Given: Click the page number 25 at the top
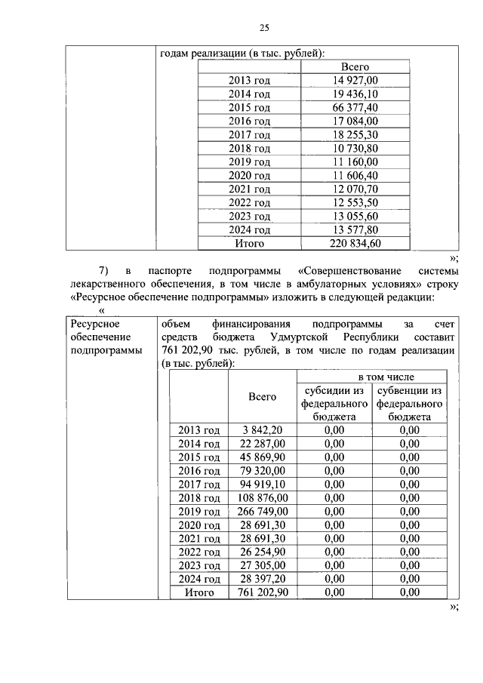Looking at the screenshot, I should tap(264, 28).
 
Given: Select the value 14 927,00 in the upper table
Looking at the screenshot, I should tap(355, 80).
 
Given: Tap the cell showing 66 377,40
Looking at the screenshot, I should tap(355, 107).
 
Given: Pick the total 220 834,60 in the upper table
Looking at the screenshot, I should tap(355, 243).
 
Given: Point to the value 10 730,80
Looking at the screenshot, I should tap(355, 148).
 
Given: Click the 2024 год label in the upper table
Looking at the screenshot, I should tap(249, 229).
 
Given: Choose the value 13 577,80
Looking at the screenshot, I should tap(355, 229).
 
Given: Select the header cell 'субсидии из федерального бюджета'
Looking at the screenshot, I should tap(334, 403).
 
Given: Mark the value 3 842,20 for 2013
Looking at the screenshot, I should tap(262, 429).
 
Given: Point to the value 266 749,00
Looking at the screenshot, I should tap(262, 511).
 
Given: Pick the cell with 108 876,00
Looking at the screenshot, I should tap(262, 497).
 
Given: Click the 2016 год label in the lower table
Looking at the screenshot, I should tap(198, 470).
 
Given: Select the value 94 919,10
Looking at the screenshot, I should tap(262, 484).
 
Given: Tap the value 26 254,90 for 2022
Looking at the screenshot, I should tap(262, 552).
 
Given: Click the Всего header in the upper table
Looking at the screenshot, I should tap(355, 66).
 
